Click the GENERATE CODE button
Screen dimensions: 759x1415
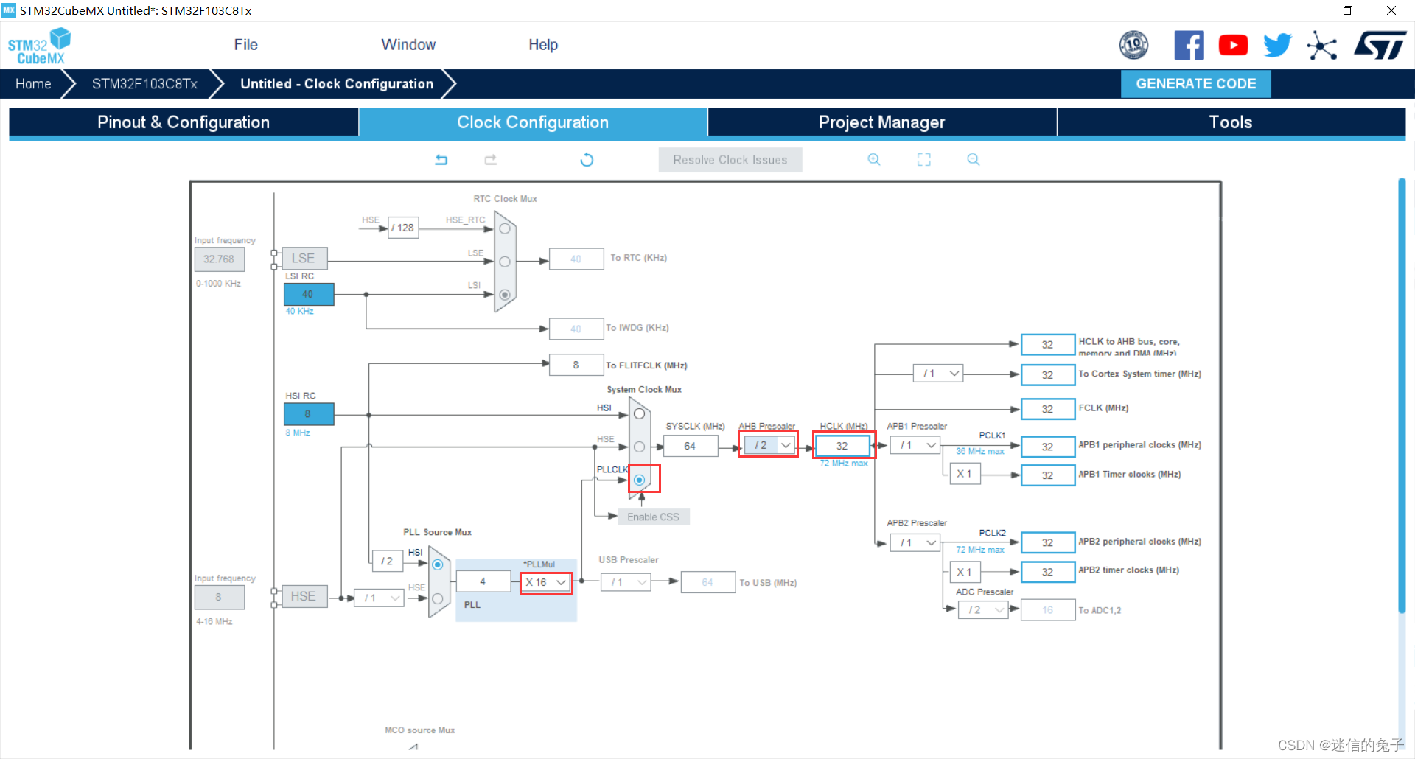coord(1195,84)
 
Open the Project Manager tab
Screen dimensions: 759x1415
coord(881,122)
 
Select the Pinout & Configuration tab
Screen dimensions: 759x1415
coord(184,122)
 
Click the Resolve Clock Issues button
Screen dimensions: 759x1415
coord(730,160)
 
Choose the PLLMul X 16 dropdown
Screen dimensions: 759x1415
coord(546,582)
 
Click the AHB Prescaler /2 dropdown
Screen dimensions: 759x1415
coord(768,445)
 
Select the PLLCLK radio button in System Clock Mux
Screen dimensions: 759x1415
coord(640,480)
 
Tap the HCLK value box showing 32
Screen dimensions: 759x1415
coord(842,446)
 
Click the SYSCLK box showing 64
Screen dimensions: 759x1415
coord(690,446)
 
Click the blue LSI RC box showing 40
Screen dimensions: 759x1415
coord(308,294)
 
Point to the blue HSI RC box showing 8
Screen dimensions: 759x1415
coord(308,413)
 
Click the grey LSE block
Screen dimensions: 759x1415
coord(304,259)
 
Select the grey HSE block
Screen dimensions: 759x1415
coord(304,596)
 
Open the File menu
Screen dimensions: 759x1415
coord(245,45)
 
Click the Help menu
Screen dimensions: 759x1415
coord(543,45)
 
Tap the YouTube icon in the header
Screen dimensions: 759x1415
coord(1233,46)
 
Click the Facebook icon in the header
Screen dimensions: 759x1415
coord(1189,46)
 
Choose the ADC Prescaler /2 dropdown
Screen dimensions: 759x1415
coord(983,610)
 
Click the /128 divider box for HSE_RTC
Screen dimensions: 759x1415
coord(403,228)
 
